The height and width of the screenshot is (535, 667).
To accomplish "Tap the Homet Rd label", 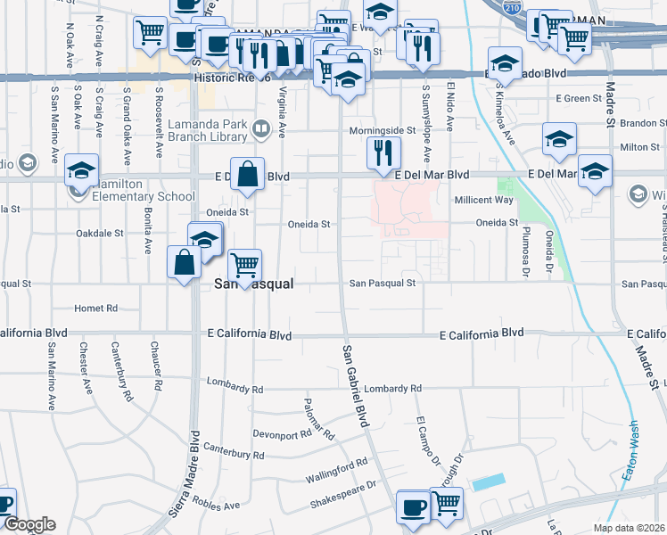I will (x=96, y=309).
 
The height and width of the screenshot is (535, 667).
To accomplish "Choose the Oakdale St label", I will (x=99, y=233).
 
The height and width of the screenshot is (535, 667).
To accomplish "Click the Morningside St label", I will (x=382, y=129).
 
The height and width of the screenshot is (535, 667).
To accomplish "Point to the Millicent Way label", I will (x=483, y=200).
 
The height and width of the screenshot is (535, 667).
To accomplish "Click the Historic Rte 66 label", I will (x=231, y=78).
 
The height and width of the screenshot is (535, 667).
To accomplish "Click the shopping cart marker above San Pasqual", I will (x=243, y=264).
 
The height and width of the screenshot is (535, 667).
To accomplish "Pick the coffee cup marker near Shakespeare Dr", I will (x=413, y=507).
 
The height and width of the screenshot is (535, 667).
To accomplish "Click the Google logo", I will (x=29, y=524).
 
